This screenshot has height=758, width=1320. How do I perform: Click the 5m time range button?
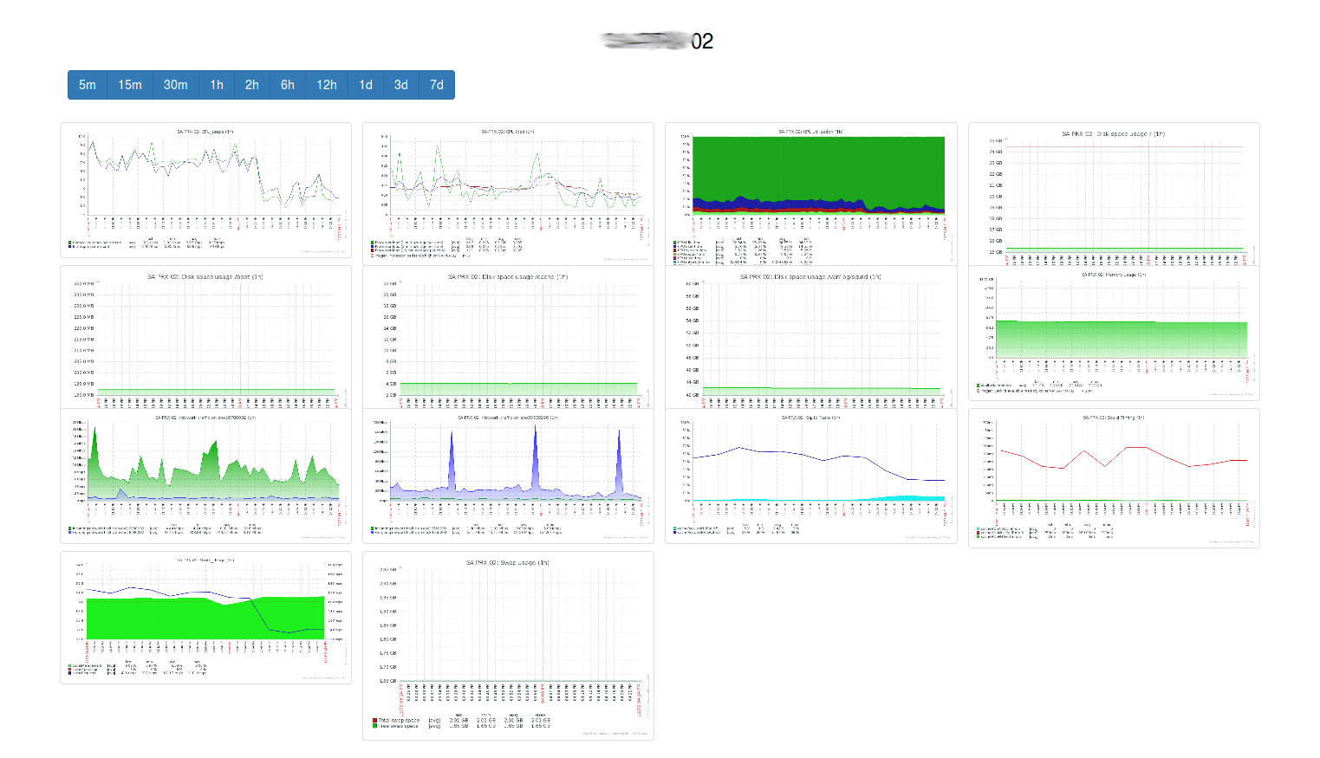coord(87,85)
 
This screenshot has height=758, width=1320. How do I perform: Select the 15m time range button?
coord(130,85)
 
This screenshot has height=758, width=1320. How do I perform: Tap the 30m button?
coord(175,85)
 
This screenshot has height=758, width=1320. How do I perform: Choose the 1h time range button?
coord(217,85)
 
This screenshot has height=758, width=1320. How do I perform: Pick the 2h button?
coord(251,85)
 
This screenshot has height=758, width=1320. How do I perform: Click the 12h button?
coord(327,85)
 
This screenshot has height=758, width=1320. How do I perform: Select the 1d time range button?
coord(366,85)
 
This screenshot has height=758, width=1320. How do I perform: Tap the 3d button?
coord(400,85)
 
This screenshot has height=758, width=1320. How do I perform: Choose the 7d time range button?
coord(437,85)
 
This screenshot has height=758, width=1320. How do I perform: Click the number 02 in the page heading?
coord(702,42)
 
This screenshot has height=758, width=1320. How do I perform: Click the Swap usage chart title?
coord(508,563)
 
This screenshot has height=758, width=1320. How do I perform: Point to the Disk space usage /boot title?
coord(205,277)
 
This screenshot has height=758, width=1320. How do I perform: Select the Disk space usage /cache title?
coord(508,277)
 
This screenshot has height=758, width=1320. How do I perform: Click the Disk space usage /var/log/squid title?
coord(810,277)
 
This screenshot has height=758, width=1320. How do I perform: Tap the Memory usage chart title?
coord(1114,275)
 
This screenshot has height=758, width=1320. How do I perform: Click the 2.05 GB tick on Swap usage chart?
coord(387,570)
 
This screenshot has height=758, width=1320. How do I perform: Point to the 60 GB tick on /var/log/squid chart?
coord(692,283)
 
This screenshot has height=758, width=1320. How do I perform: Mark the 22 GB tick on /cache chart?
coord(389,283)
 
